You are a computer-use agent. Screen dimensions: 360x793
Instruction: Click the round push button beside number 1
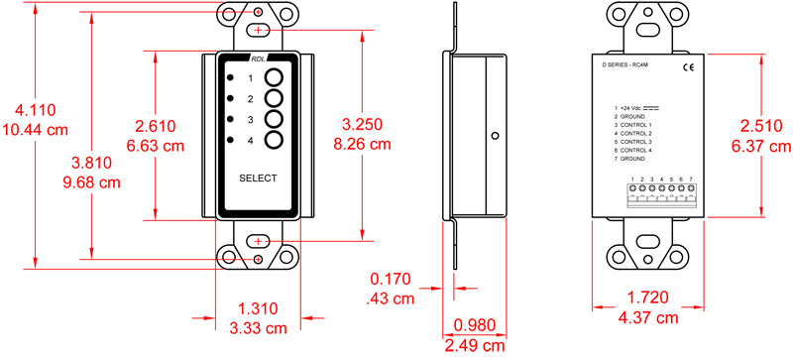(276, 78)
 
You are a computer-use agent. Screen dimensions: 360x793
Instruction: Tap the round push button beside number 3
(276, 120)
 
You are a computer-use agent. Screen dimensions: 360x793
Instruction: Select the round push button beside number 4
(276, 141)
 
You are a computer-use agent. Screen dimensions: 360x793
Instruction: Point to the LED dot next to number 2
(230, 98)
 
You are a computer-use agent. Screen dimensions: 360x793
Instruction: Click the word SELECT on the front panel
(258, 179)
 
